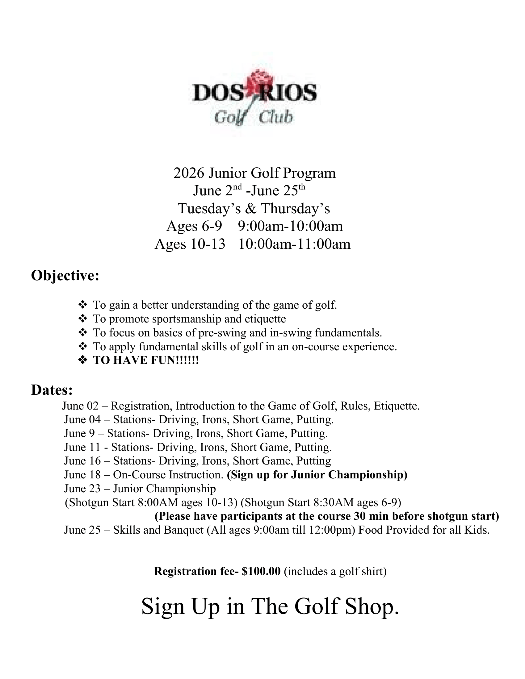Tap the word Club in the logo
click(275, 118)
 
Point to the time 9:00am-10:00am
click(290, 226)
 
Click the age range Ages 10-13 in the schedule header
click(190, 244)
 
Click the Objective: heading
click(65, 275)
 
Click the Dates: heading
click(52, 390)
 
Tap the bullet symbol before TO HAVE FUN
click(82, 360)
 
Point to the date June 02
click(80, 406)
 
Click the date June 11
click(82, 447)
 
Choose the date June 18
click(82, 475)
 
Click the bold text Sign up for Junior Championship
click(317, 475)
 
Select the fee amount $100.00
click(261, 571)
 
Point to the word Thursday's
click(295, 208)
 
